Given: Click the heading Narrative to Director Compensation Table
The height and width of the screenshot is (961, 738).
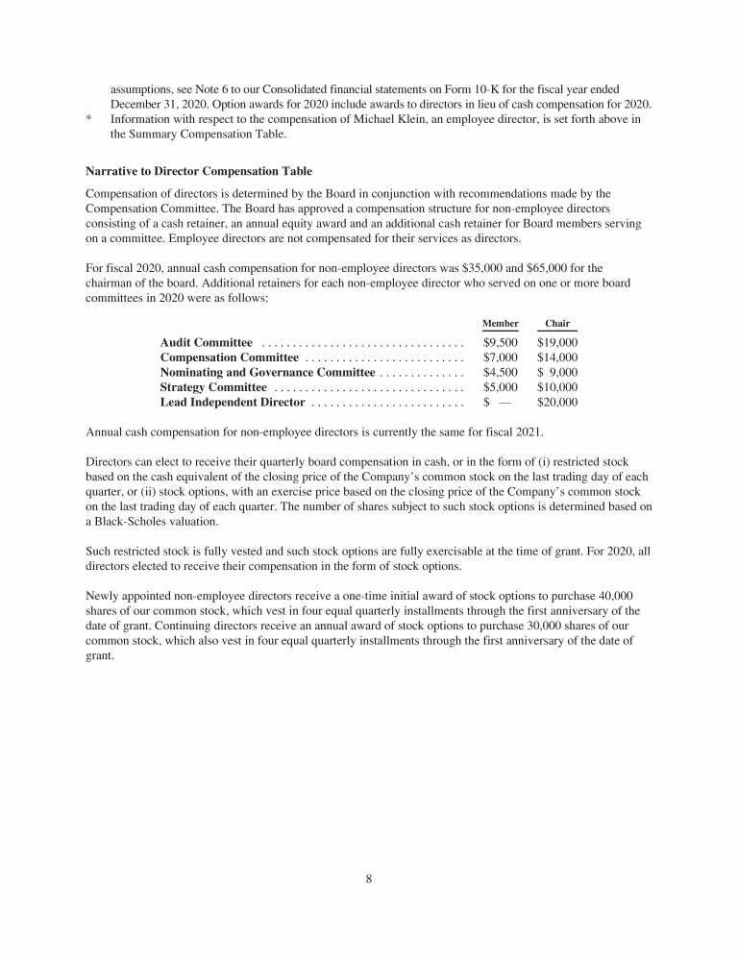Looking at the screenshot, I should (x=199, y=171).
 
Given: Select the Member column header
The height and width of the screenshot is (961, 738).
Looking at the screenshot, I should (x=500, y=324).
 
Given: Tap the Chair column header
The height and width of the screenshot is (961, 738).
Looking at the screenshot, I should (x=557, y=324).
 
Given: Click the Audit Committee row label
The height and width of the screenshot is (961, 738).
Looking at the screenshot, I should (x=206, y=342).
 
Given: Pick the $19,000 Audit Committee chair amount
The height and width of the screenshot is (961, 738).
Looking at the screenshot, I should (x=557, y=342).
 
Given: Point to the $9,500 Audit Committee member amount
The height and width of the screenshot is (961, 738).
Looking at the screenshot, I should (x=501, y=342).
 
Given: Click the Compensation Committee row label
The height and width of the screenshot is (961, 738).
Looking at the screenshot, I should (x=229, y=357).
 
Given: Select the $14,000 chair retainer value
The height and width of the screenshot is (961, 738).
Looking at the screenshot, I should (x=557, y=357).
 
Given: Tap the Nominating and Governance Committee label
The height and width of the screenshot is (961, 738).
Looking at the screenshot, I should (x=267, y=372).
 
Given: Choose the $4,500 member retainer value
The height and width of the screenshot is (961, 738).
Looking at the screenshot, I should (x=501, y=372).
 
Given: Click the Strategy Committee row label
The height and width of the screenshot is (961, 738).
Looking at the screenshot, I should (x=213, y=387).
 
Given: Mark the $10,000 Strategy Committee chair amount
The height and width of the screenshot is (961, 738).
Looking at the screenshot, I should (x=557, y=387).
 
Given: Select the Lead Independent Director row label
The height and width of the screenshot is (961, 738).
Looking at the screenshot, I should (x=232, y=402).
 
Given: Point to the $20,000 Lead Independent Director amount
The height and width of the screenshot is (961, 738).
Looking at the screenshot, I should (x=557, y=402).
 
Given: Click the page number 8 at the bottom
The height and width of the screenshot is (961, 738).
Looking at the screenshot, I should (x=369, y=878).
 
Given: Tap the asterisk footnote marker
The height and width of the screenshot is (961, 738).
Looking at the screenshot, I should (x=88, y=120).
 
